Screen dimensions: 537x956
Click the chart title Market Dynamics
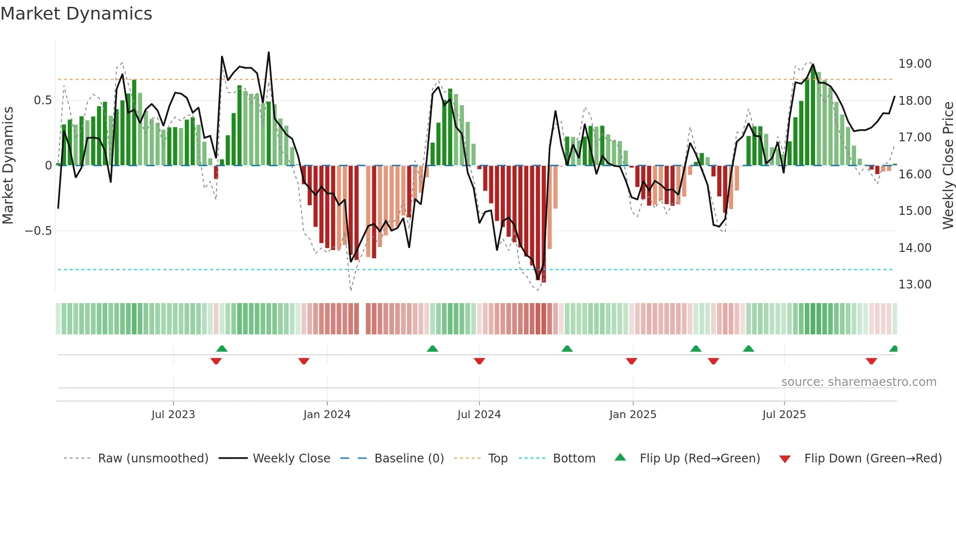tap(76, 14)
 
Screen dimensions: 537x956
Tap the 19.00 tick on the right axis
tap(915, 64)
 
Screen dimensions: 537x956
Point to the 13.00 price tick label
tap(915, 285)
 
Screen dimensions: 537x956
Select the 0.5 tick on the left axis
tap(42, 100)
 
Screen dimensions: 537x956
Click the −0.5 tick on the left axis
tap(38, 231)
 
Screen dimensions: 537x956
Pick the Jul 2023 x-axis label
tap(173, 415)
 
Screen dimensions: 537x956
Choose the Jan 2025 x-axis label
tap(633, 415)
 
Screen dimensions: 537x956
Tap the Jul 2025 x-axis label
tap(784, 415)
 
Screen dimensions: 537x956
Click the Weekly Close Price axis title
tap(948, 166)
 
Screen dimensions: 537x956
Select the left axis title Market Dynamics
tap(8, 166)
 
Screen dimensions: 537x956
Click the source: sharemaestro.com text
tap(858, 382)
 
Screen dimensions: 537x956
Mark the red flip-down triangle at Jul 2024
tap(479, 361)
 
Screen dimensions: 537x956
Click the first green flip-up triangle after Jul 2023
tap(222, 348)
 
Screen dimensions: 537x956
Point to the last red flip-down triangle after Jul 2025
tap(871, 361)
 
